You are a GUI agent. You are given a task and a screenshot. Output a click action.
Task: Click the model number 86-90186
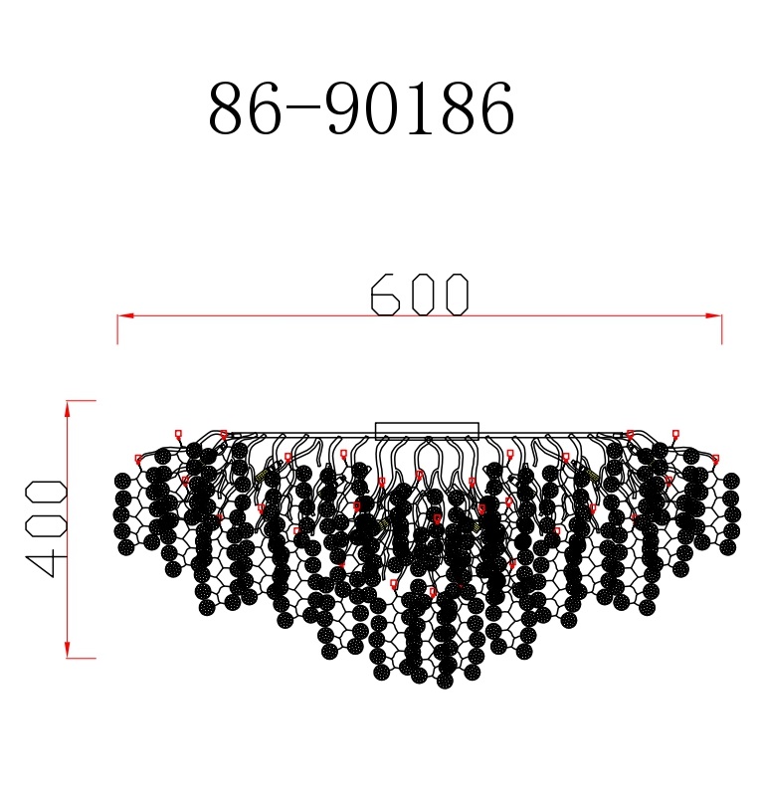tap(362, 108)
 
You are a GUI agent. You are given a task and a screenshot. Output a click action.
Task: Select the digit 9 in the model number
tap(347, 108)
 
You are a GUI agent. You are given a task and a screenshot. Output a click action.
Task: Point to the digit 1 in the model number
tap(421, 108)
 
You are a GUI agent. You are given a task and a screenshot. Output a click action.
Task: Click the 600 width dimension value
tap(419, 295)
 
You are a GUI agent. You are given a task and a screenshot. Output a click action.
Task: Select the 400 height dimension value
tap(46, 528)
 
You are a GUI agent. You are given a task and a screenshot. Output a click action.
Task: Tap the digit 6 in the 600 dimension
tap(385, 295)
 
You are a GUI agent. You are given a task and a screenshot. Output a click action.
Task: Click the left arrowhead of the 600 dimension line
tap(125, 316)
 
